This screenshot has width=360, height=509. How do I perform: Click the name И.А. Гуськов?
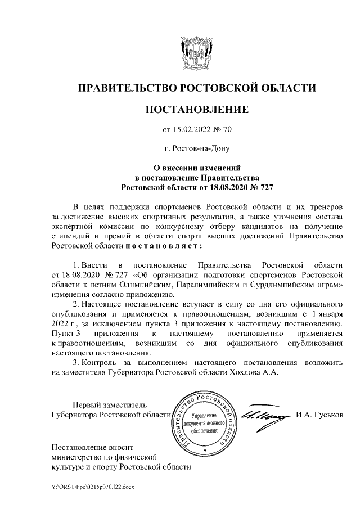pos(318,416)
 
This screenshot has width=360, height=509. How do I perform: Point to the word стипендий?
pos(72,236)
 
